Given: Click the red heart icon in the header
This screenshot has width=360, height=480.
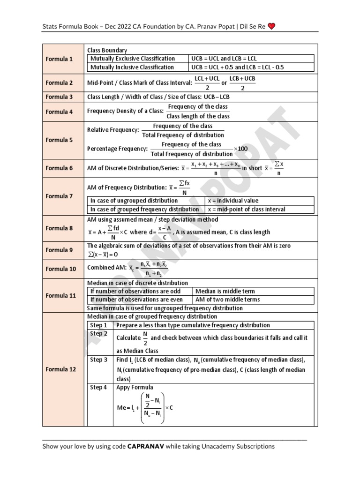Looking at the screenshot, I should [272, 26].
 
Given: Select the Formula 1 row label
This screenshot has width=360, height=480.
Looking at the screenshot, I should [59, 59].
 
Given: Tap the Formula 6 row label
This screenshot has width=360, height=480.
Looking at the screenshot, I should [59, 168].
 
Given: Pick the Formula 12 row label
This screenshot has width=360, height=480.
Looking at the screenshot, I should [59, 369].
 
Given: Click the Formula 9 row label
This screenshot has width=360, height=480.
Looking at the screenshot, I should [59, 250].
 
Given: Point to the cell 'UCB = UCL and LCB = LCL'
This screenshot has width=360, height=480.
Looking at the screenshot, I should [224, 59].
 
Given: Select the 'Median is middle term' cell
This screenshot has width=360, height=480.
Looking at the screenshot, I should [225, 291].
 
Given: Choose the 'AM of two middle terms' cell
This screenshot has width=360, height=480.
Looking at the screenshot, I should [227, 300].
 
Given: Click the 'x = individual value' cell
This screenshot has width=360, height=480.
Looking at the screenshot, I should [232, 201].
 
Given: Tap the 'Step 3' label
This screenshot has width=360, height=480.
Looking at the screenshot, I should [98, 360].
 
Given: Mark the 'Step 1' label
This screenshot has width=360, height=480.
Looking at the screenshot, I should [98, 325].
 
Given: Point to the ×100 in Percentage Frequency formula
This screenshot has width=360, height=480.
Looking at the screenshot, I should [240, 149].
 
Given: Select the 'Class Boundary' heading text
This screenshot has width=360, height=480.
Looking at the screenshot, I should [107, 50].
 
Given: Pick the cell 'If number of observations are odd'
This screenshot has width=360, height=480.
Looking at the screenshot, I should [135, 291].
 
